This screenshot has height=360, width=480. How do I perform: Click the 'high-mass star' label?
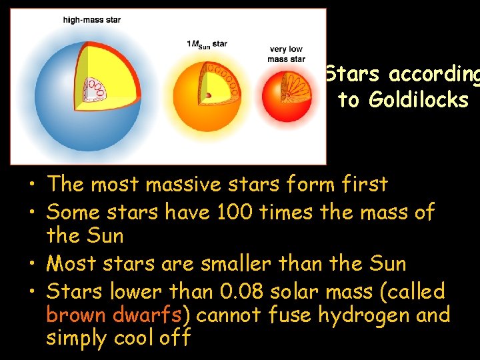click(x=92, y=20)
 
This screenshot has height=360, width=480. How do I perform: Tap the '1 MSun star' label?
click(x=207, y=44)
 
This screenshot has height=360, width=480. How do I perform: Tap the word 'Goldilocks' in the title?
click(x=403, y=100)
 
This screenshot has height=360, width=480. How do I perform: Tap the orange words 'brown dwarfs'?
click(x=115, y=314)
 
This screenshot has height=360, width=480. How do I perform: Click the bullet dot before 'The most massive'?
click(x=31, y=185)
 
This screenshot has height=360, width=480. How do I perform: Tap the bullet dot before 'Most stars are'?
click(x=31, y=265)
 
